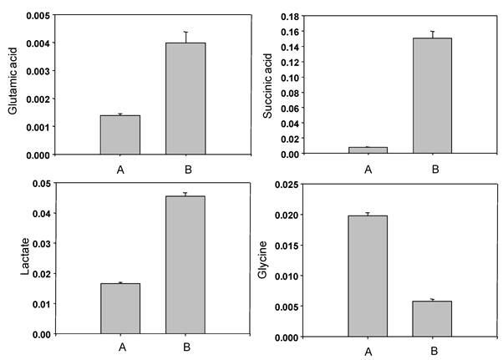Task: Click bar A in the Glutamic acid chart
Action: pyautogui.click(x=119, y=134)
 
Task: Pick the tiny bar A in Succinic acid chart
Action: pyautogui.click(x=368, y=150)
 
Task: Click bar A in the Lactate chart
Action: pyautogui.click(x=120, y=308)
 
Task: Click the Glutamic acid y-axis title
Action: pyautogui.click(x=14, y=84)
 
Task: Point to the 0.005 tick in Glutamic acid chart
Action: pyautogui.click(x=38, y=15)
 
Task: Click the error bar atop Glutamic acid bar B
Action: pyautogui.click(x=185, y=37)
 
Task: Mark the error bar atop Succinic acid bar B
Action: pyautogui.click(x=431, y=34)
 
